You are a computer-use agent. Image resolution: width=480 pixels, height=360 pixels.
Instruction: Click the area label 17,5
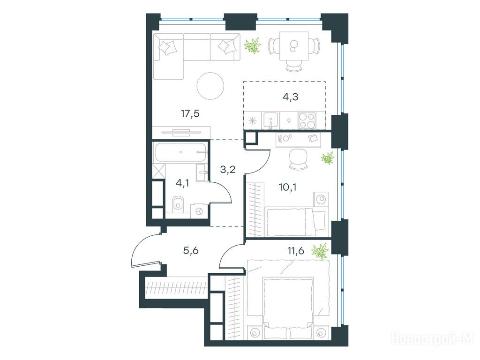[x=190, y=113]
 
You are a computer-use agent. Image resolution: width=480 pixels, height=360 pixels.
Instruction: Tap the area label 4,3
[x=290, y=97]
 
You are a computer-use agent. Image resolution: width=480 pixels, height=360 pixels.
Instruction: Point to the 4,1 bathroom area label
[x=182, y=183]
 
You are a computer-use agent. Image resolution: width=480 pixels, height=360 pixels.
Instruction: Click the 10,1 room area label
[x=287, y=187]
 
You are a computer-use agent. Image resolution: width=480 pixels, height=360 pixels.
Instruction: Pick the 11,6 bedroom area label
[x=295, y=251]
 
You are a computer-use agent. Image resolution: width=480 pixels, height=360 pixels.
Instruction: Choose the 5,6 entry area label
[x=191, y=251]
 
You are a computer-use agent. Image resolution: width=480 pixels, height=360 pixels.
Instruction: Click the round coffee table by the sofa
[x=210, y=86]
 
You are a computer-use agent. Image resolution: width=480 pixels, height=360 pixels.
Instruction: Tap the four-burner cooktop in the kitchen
[x=307, y=120]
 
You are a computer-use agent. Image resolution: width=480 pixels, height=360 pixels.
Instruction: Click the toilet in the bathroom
[x=178, y=204]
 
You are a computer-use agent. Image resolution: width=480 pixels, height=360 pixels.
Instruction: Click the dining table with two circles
[x=294, y=46]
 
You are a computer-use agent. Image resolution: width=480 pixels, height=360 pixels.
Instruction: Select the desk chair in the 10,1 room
[x=298, y=159]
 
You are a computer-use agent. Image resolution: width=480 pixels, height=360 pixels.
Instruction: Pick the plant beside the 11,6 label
[x=320, y=251]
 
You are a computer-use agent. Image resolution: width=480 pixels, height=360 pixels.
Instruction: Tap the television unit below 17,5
[x=181, y=132]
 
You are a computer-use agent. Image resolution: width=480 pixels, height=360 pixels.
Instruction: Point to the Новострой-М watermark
[x=433, y=339]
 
